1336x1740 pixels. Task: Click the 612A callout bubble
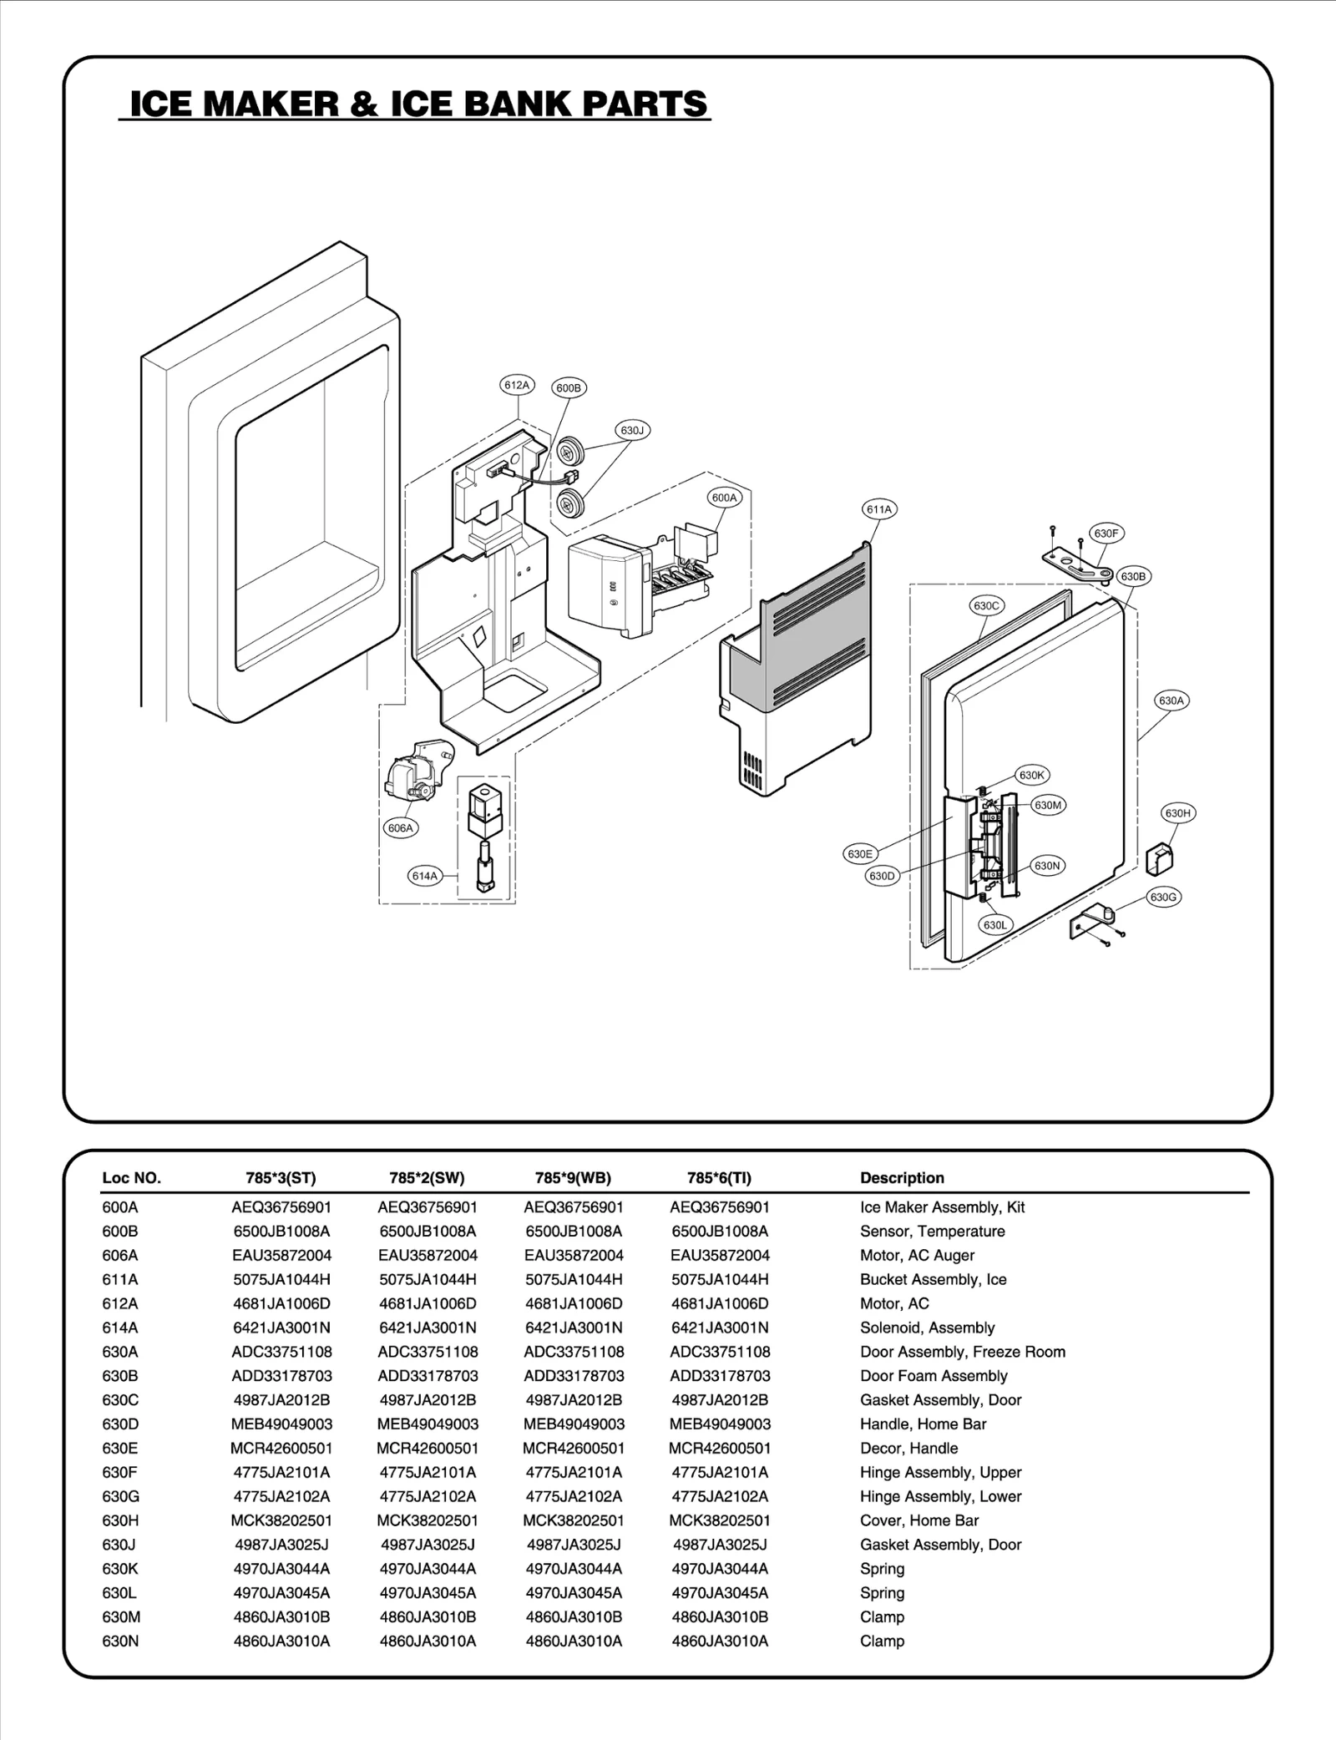click(517, 385)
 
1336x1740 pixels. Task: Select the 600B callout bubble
click(569, 387)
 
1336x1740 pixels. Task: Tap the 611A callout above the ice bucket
click(879, 509)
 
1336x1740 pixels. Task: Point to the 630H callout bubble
click(1177, 812)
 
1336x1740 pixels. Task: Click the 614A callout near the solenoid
click(424, 876)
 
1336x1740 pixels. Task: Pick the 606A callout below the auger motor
click(401, 828)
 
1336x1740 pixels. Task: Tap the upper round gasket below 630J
click(570, 452)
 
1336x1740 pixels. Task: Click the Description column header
click(902, 1178)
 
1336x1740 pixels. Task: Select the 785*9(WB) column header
click(573, 1178)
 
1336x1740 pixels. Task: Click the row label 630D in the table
click(120, 1424)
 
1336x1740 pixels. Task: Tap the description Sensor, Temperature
click(932, 1232)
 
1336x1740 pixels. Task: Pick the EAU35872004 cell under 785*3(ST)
click(281, 1256)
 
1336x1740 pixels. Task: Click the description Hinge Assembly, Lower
click(940, 1497)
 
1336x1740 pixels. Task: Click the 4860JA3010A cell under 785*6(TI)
click(720, 1641)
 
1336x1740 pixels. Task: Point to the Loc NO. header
click(131, 1178)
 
